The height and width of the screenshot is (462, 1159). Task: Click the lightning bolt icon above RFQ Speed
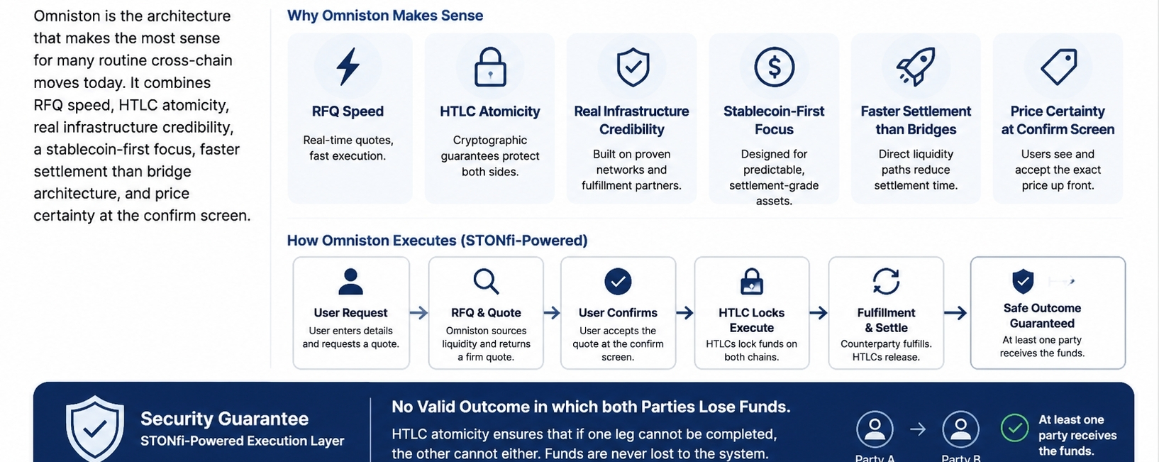[348, 66]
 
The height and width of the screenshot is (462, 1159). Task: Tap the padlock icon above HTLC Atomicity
[490, 67]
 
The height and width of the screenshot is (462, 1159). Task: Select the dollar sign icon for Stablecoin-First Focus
[774, 67]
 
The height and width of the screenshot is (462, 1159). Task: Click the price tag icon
[1058, 67]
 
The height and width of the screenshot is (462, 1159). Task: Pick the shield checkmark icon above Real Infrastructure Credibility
[632, 67]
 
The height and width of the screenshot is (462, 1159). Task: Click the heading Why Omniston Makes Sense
[385, 16]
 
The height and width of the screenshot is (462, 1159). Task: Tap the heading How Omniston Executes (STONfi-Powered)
[437, 241]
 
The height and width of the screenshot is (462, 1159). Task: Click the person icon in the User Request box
[351, 281]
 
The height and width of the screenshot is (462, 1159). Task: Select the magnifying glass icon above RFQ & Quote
[486, 281]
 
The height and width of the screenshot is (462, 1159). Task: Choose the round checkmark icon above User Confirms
[618, 281]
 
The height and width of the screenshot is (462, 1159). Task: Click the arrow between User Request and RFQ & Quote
[418, 313]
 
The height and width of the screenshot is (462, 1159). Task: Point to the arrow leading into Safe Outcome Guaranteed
[955, 313]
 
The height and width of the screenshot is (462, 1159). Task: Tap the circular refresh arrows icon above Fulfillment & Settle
[886, 281]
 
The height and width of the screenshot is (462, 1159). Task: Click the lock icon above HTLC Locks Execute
[751, 281]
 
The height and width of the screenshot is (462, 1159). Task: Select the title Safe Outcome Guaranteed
[1042, 315]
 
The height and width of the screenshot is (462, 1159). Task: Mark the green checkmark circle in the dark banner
[1014, 428]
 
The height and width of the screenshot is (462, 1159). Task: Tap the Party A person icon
[875, 429]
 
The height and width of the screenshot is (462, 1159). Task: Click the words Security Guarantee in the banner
[225, 419]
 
